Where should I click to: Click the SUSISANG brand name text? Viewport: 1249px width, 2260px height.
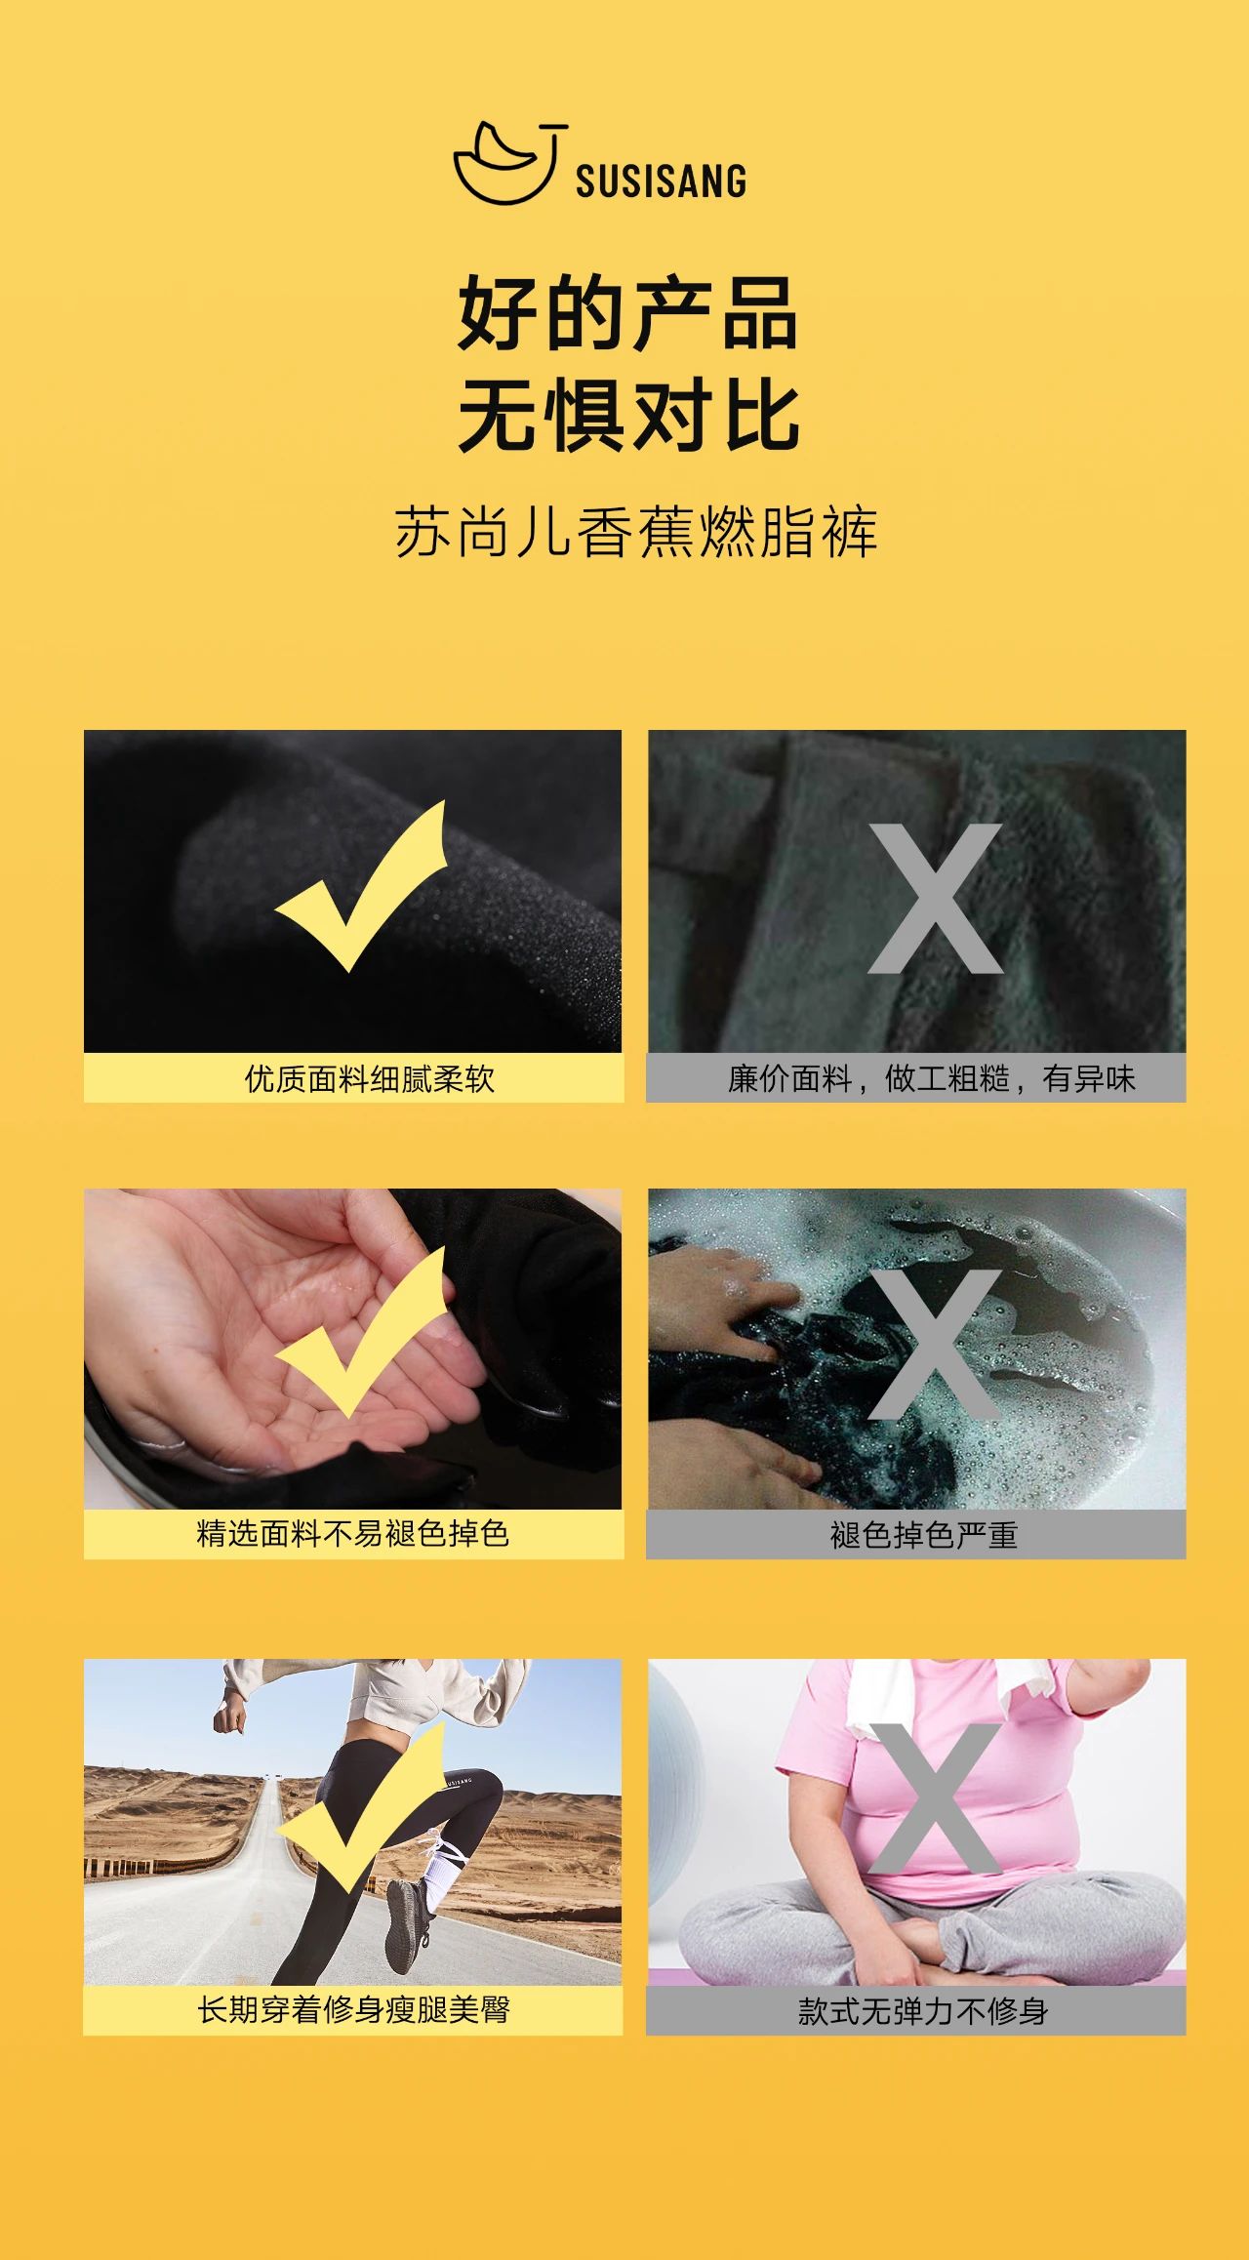click(661, 182)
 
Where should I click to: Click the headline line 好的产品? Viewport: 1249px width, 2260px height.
click(628, 313)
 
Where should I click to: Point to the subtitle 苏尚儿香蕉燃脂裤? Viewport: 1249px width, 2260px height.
click(636, 532)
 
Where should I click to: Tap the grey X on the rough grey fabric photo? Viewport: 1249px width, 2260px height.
click(935, 899)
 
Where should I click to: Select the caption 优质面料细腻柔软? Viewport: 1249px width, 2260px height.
click(370, 1079)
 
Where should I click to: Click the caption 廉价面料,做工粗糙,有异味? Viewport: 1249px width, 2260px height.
click(932, 1079)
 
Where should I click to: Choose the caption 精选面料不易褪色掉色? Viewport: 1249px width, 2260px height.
click(353, 1534)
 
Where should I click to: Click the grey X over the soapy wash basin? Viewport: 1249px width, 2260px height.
click(935, 1345)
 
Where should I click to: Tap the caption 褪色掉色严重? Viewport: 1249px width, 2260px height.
click(924, 1536)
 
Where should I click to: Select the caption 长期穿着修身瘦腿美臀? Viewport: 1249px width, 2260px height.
click(353, 2010)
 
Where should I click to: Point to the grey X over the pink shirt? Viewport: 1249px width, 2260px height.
click(935, 1798)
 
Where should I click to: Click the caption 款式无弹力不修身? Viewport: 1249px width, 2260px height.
click(923, 2011)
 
